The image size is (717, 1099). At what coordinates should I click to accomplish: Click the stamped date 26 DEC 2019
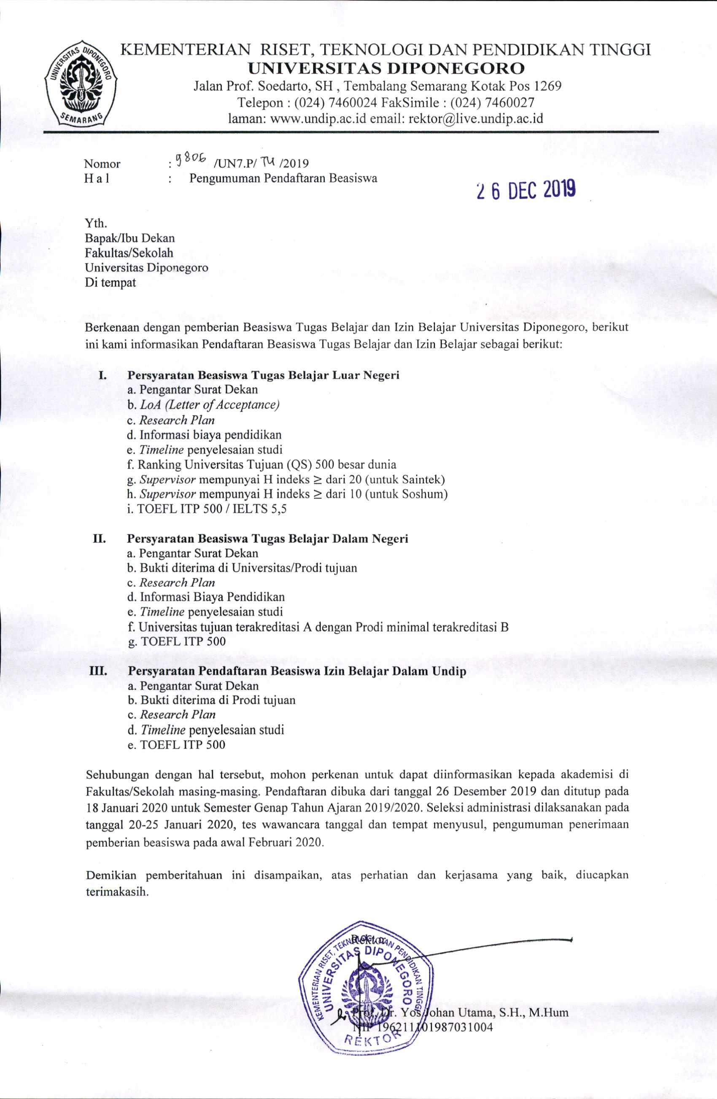[526, 190]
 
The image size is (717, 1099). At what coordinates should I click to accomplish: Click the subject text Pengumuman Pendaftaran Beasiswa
[283, 178]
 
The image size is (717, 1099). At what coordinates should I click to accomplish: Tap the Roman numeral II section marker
[99, 539]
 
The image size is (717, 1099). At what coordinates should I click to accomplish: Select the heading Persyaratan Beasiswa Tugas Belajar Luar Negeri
[263, 375]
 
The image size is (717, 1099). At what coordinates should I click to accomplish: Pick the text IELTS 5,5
[259, 509]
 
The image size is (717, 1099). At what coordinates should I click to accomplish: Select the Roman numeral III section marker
[98, 671]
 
